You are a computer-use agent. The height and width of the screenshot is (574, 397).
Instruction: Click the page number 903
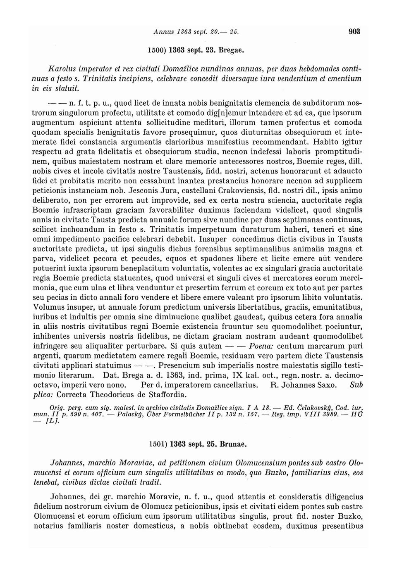[354, 31]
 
